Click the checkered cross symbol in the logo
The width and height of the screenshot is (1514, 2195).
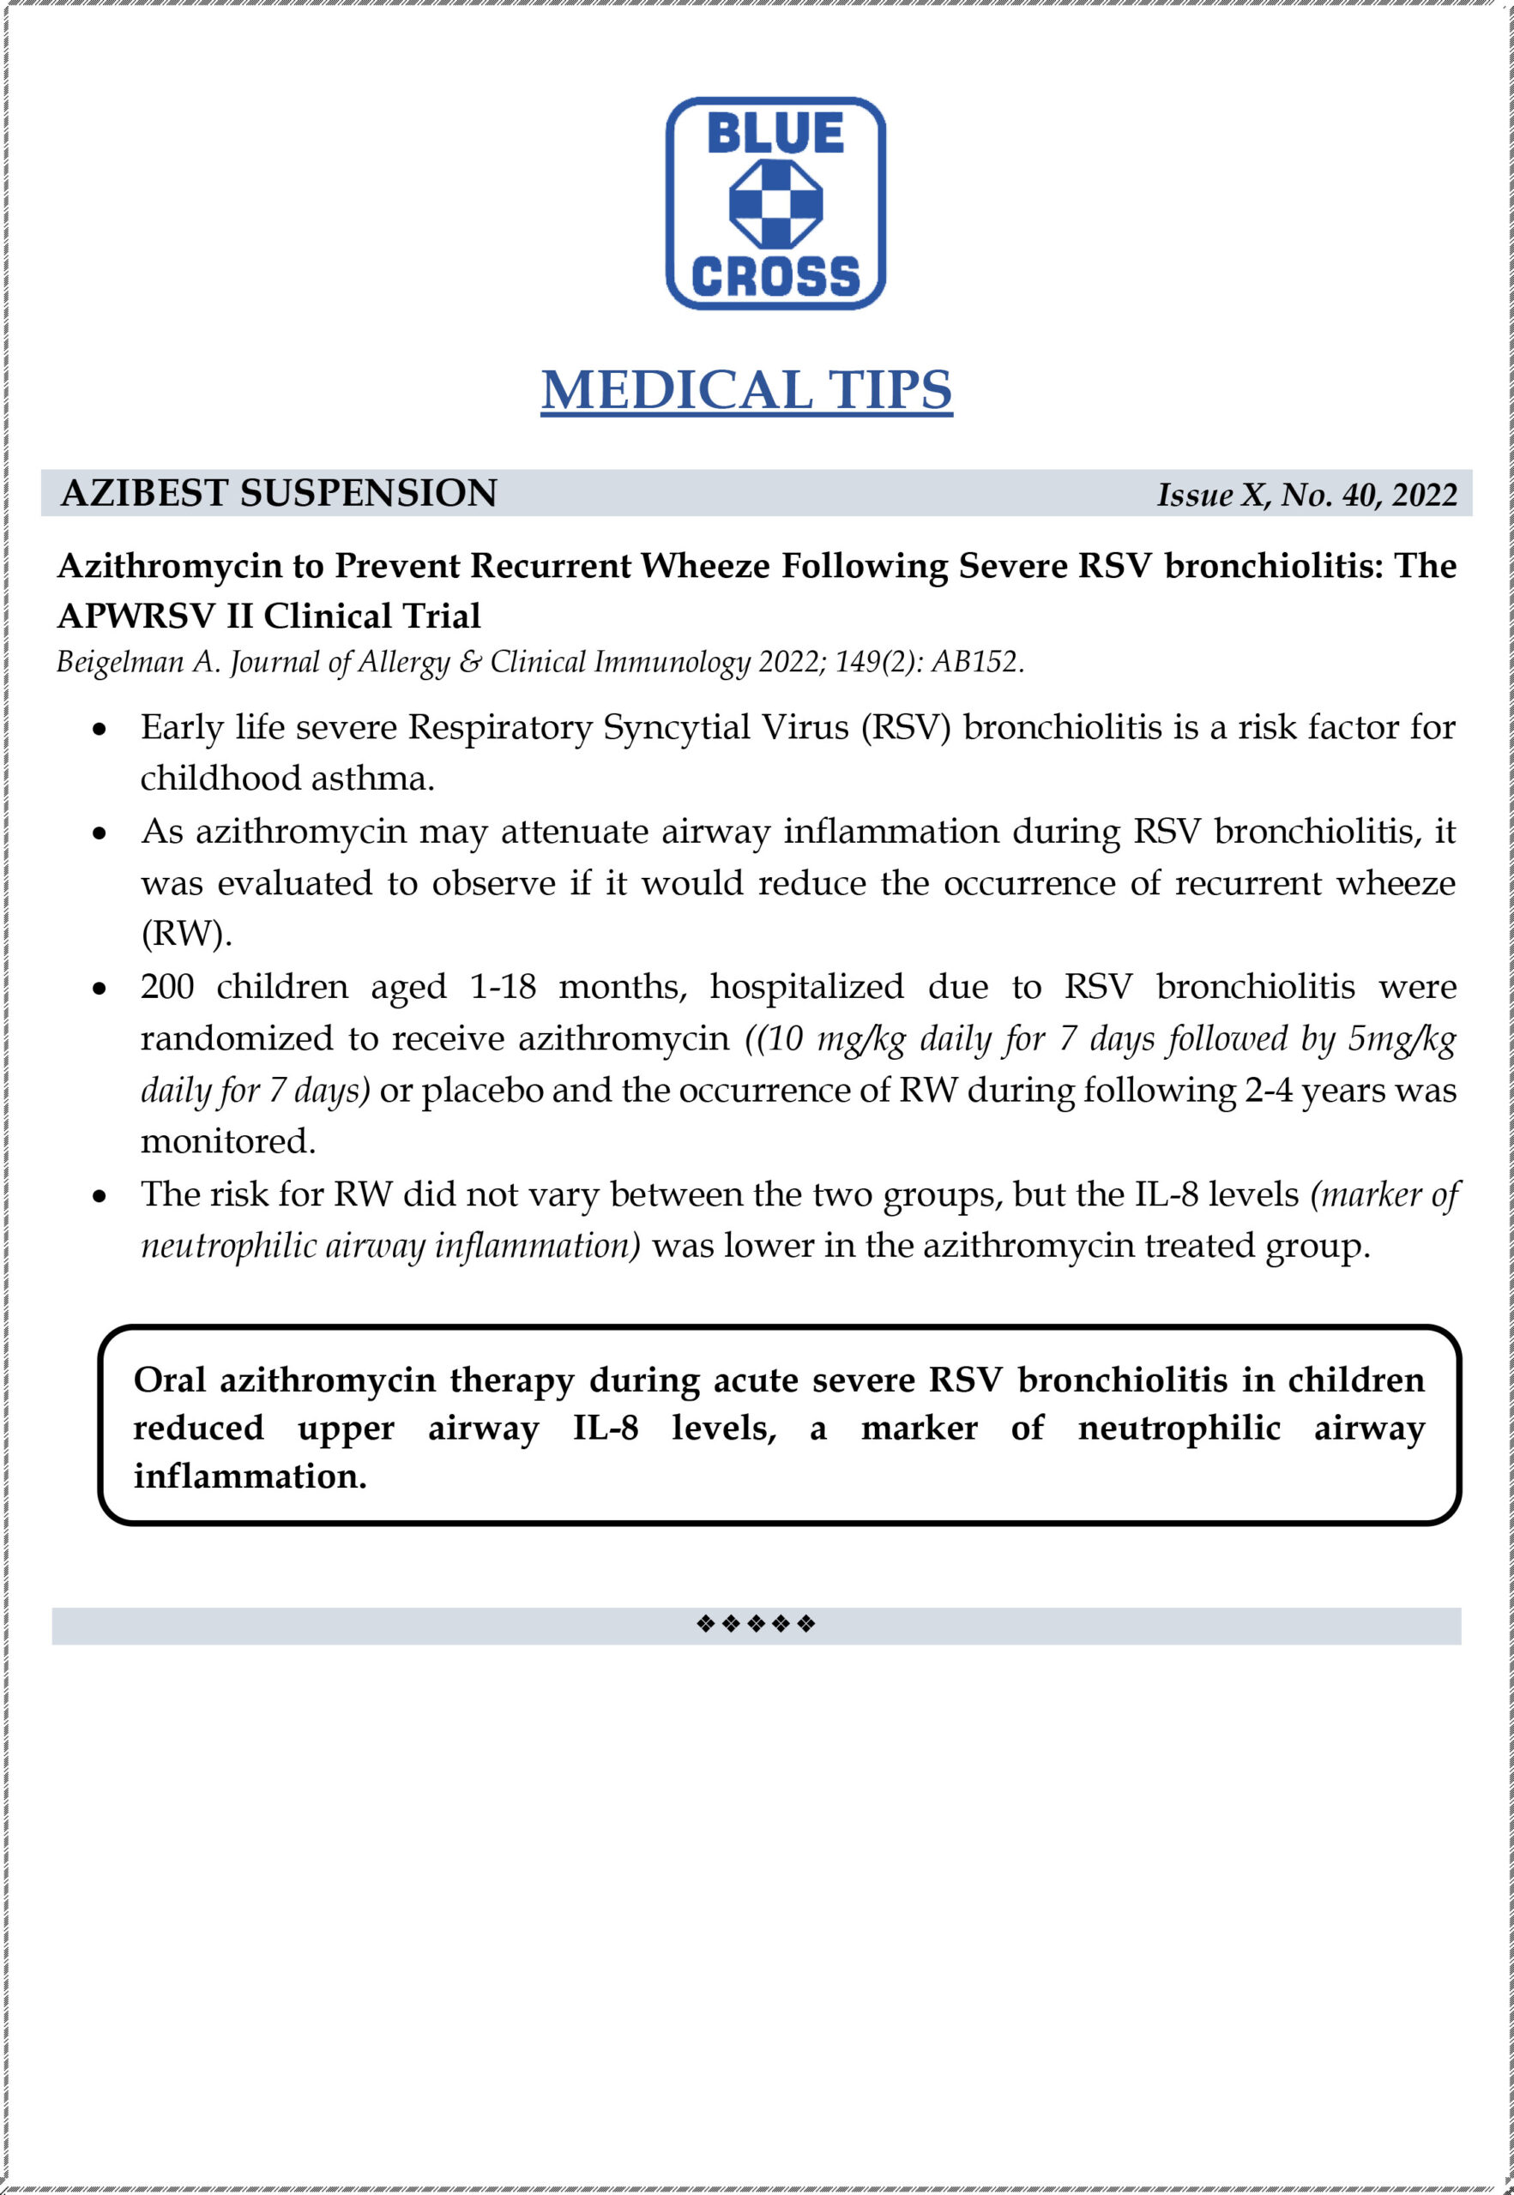point(775,204)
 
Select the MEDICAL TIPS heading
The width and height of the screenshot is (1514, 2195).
point(745,389)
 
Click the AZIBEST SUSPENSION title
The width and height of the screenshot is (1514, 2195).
point(278,493)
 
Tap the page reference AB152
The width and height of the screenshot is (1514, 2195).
point(977,662)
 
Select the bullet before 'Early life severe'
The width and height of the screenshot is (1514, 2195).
point(100,729)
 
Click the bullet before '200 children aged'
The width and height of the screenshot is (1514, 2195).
point(100,989)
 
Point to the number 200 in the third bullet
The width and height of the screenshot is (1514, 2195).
point(167,987)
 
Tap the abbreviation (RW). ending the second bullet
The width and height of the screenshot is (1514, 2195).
point(186,934)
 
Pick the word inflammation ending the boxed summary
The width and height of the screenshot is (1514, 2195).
point(250,1476)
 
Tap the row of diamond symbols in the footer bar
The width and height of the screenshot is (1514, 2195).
point(755,1623)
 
